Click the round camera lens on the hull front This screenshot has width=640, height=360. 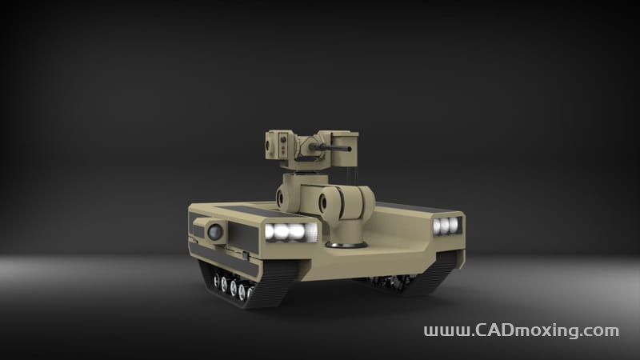click(x=214, y=232)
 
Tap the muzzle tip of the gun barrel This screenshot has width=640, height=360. click(x=350, y=149)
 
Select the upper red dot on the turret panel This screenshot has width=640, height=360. click(x=283, y=147)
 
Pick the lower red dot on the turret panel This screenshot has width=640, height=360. click(x=283, y=152)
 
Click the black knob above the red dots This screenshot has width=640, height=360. click(x=283, y=140)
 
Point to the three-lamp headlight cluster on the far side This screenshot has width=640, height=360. click(x=446, y=226)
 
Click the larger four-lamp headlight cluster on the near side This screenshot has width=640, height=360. click(x=290, y=232)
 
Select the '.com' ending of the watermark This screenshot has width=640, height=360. click(x=601, y=331)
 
